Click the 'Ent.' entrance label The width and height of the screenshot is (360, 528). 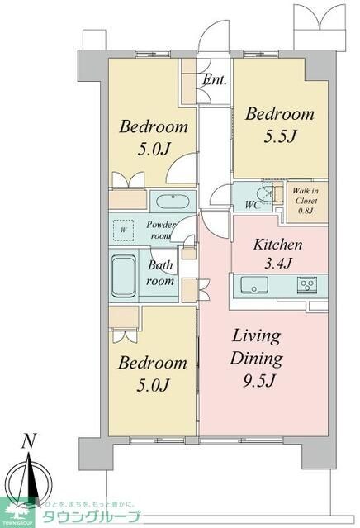[x=216, y=81]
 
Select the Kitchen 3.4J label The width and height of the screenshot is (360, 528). [x=277, y=254]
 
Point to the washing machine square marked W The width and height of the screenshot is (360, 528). [x=124, y=229]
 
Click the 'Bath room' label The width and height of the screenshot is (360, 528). [x=161, y=274]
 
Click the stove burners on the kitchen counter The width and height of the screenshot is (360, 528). [x=310, y=286]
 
